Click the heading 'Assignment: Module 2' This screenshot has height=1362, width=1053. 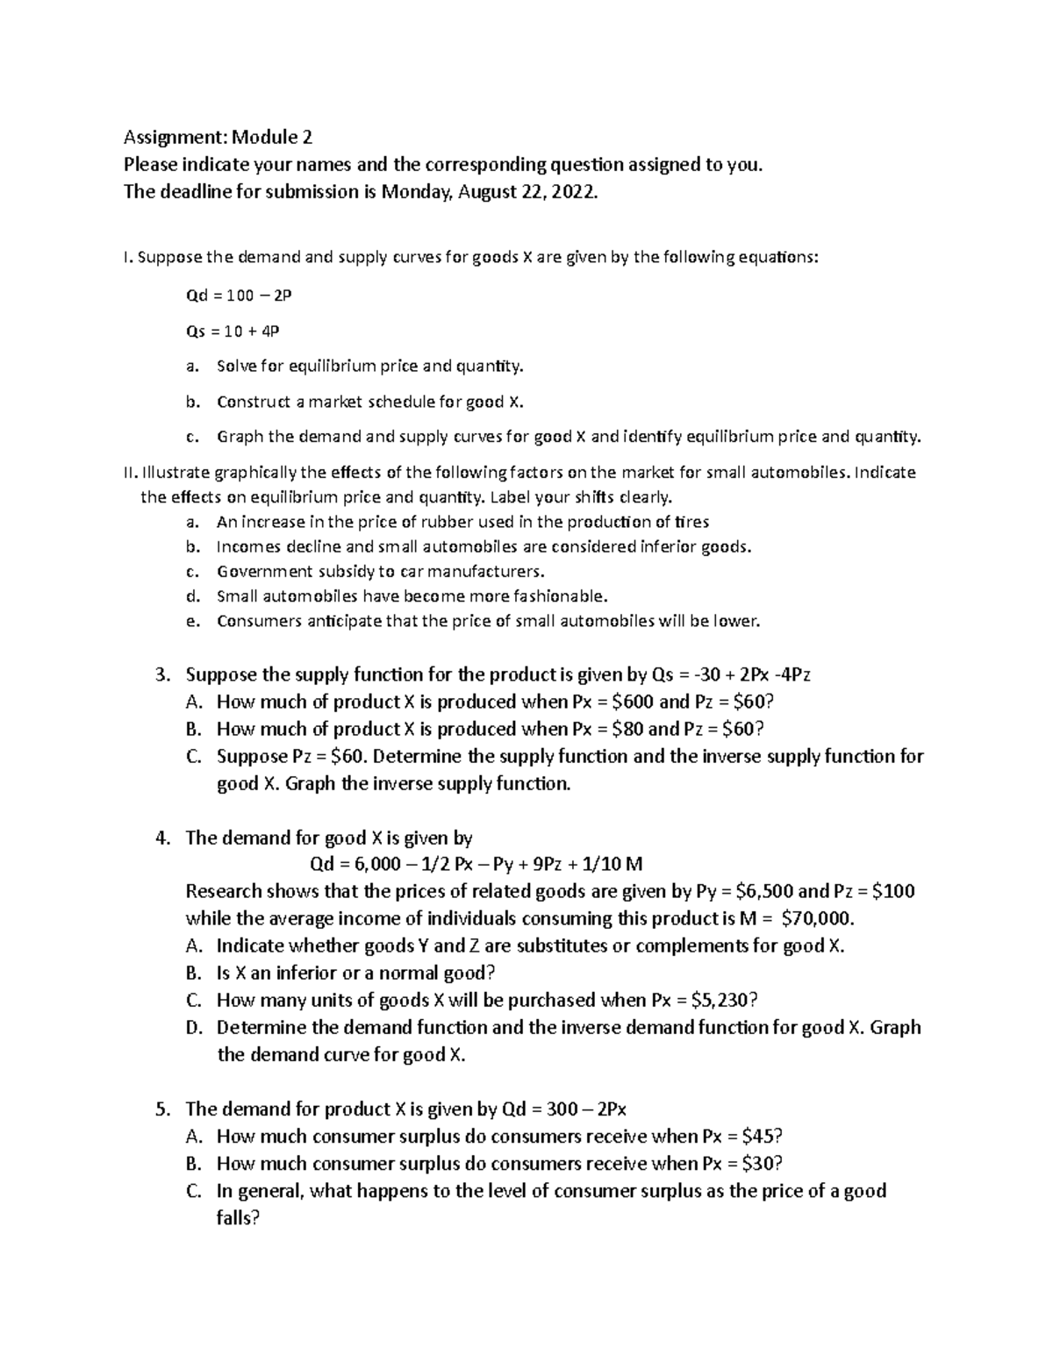click(x=218, y=138)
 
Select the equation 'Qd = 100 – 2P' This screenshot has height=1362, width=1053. click(x=238, y=296)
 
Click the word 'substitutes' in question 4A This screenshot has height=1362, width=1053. click(x=562, y=946)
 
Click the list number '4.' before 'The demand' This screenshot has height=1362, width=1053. click(x=161, y=838)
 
